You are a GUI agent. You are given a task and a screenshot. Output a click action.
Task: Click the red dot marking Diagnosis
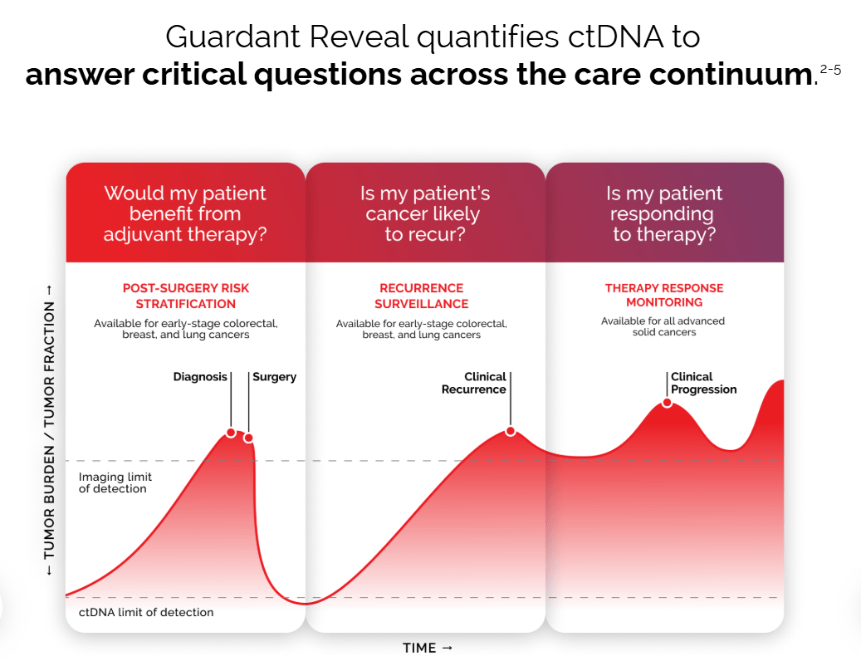tap(231, 433)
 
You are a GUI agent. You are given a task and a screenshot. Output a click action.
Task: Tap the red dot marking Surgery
tap(248, 438)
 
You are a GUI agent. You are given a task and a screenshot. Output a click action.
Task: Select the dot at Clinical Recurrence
tap(511, 431)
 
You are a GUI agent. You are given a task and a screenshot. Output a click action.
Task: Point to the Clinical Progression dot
tap(667, 404)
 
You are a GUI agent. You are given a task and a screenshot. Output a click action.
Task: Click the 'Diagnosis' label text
tap(200, 377)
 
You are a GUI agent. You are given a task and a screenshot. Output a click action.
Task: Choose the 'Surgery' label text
tap(274, 377)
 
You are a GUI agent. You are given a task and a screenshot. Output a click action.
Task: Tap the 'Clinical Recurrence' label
tap(475, 383)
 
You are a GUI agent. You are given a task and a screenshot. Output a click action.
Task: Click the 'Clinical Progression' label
tap(702, 383)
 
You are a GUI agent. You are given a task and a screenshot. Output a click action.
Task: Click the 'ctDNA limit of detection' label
tap(146, 612)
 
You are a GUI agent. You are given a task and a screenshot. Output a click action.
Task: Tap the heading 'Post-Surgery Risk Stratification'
tap(185, 296)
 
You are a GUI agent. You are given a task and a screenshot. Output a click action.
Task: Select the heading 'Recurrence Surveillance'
tap(421, 296)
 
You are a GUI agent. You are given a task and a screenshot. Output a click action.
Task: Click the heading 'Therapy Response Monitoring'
tap(663, 295)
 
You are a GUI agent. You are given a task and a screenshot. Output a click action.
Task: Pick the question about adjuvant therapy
tap(184, 213)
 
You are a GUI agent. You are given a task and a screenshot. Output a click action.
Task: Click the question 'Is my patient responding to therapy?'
tap(663, 213)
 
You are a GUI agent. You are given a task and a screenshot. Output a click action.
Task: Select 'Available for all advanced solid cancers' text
tap(663, 326)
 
